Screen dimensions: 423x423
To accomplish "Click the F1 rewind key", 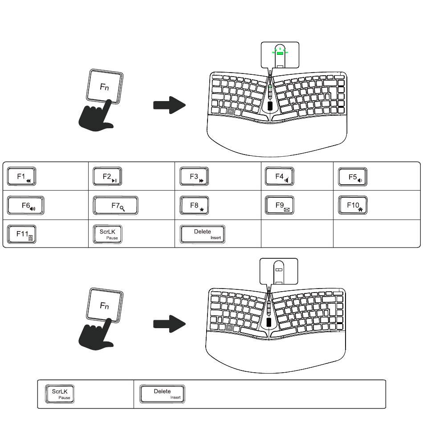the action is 21,176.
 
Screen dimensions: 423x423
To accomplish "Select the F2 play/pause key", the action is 107,176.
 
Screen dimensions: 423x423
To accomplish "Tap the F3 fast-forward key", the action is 194,176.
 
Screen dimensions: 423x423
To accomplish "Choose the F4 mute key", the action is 280,176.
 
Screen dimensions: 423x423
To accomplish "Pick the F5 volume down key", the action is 353,177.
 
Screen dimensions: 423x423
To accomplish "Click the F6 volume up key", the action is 26,206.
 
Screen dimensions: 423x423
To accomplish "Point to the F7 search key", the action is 115,206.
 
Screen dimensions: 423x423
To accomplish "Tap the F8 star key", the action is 194,206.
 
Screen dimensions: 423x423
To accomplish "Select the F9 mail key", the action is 280,205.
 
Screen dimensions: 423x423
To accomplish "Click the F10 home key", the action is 353,205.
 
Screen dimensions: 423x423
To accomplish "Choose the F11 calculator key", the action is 21,234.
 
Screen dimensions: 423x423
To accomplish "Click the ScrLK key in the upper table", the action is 107,234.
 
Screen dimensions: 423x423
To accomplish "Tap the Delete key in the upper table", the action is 202,234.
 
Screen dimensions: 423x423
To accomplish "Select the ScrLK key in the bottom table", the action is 60,394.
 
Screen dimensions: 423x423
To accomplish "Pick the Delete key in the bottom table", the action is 162,394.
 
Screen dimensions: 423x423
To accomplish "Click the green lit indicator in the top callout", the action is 280,53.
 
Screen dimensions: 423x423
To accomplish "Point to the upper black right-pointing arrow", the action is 169,105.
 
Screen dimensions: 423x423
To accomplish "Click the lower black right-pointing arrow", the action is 169,324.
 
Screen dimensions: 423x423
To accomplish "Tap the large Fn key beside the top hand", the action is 104,86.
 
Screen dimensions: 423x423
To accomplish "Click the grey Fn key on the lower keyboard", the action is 229,328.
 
